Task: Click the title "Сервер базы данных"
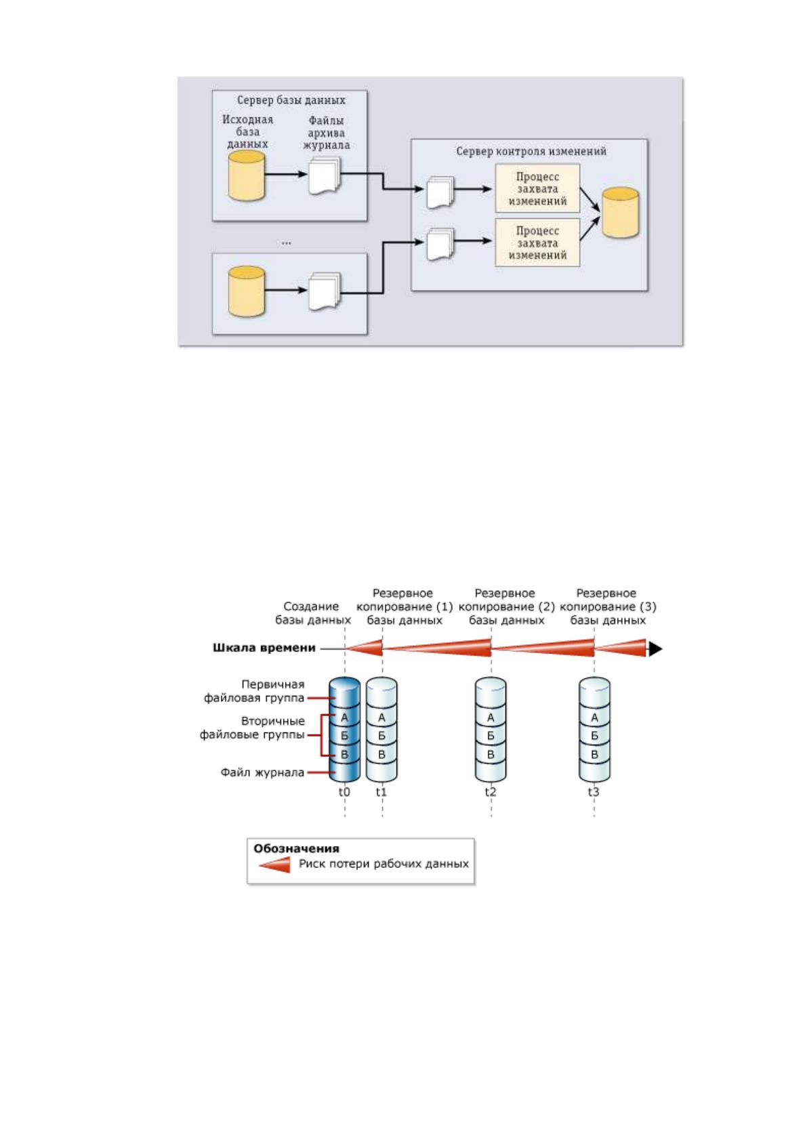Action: point(291,100)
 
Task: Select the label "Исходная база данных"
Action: point(247,132)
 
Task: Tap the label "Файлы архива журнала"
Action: point(327,133)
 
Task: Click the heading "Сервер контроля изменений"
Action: point(531,151)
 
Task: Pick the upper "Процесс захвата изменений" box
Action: point(537,188)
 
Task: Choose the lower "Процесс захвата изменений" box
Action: point(537,243)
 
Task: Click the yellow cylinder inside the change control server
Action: point(620,213)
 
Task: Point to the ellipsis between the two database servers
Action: point(287,243)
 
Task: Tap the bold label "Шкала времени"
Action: point(264,648)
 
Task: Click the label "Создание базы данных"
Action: point(313,613)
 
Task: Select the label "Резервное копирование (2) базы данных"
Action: point(506,606)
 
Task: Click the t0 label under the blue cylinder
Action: point(344,792)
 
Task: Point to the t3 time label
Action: point(594,792)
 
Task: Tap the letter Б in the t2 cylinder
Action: point(491,736)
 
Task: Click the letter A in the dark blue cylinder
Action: point(344,718)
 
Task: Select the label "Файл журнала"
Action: point(262,772)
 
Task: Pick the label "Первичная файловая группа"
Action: point(254,691)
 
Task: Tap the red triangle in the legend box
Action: point(274,865)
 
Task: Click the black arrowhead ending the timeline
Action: point(655,649)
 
